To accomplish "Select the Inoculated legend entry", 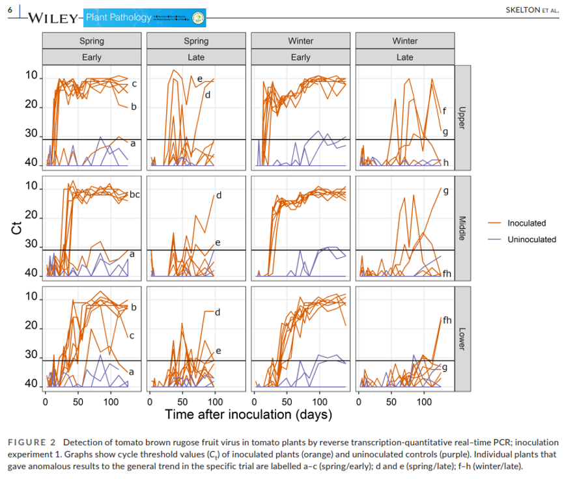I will (x=526, y=223).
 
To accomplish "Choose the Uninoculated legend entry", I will (x=531, y=239).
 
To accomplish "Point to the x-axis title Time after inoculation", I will (x=248, y=415).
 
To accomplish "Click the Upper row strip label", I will (x=462, y=118).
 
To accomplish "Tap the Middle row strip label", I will (x=462, y=228).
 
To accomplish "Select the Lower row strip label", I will (x=462, y=338).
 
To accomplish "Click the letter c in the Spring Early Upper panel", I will (x=134, y=84).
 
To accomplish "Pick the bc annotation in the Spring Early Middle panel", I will (x=135, y=194).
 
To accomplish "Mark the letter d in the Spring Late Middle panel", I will (x=219, y=195).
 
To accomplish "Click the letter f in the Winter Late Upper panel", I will (x=444, y=111).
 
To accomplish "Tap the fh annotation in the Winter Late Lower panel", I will (x=447, y=320).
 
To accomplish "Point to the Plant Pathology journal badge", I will (x=145, y=18).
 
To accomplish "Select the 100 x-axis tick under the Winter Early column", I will (x=319, y=401).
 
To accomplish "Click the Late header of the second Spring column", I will (x=196, y=57).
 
